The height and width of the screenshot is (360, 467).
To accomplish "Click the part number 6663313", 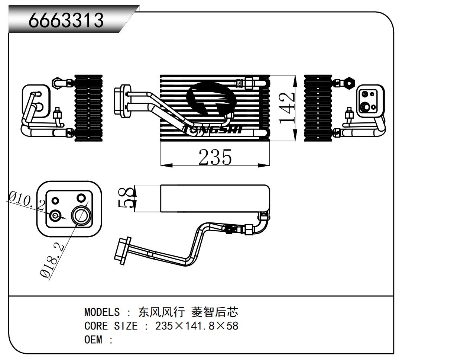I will click(66, 20).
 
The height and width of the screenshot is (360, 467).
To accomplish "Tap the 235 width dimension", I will click(215, 157).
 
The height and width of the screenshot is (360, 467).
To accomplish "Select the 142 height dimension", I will click(287, 108).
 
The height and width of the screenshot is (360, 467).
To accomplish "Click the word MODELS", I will click(102, 312).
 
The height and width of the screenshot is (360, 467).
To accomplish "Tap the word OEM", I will click(93, 340).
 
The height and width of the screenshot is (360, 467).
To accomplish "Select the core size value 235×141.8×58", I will click(197, 326).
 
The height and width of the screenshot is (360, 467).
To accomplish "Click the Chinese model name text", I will click(188, 312).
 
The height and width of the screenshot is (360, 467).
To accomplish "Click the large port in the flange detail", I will click(81, 216).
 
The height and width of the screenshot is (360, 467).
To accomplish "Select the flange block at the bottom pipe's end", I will click(121, 251).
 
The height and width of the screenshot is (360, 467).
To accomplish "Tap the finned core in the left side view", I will click(88, 108).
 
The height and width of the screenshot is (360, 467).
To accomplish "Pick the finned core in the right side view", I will click(318, 108).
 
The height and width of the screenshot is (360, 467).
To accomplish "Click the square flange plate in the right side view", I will click(369, 100).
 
